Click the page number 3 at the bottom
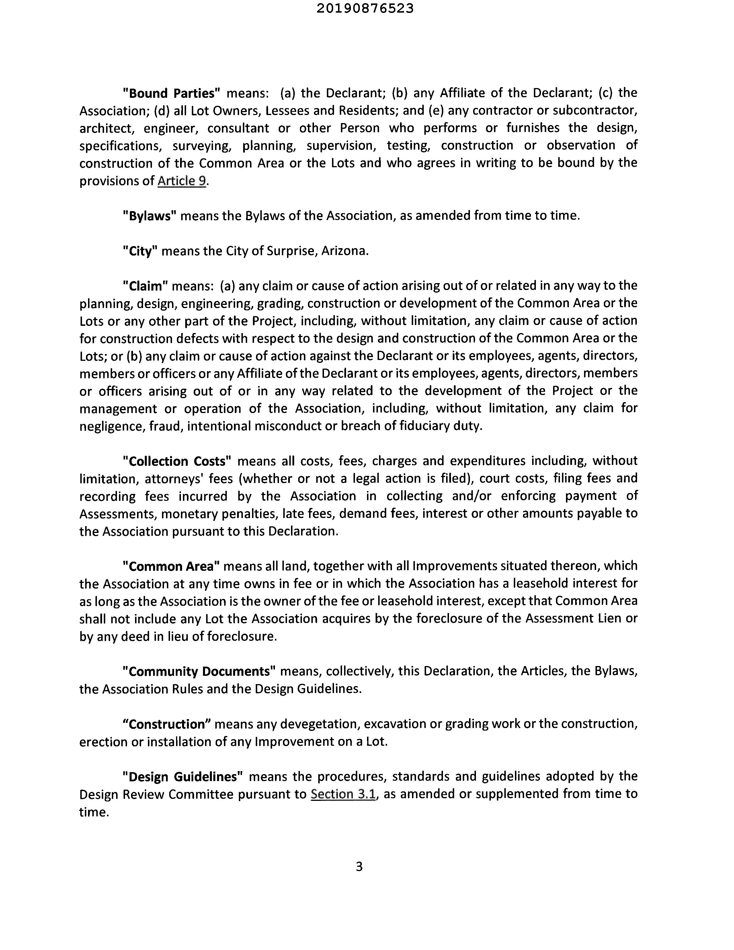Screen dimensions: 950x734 pyautogui.click(x=359, y=867)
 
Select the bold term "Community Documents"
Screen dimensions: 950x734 pyautogui.click(x=200, y=671)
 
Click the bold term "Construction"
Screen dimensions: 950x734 pyautogui.click(x=167, y=724)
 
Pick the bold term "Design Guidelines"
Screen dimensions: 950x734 pyautogui.click(x=183, y=777)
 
